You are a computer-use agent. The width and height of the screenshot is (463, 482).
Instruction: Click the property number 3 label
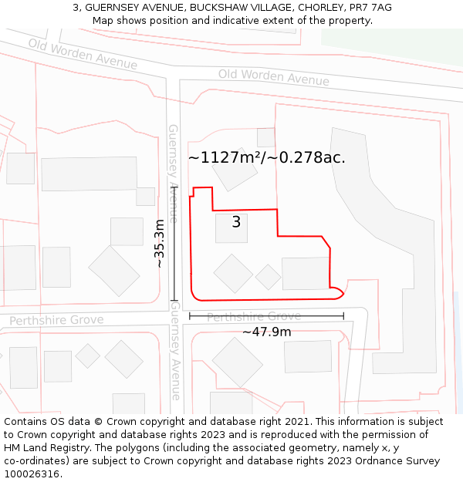coord(236,222)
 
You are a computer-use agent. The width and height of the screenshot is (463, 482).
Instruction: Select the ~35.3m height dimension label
coord(160,244)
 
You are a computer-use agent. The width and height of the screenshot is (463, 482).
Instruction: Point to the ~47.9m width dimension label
coord(266,332)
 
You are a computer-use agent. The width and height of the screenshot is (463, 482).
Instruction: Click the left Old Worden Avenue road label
coord(83,54)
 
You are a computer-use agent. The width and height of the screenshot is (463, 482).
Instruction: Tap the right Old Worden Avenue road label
coord(273,76)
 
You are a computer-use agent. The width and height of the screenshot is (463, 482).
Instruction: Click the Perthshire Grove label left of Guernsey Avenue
coord(56,319)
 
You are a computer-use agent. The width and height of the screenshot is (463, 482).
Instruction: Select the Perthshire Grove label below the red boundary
coord(254,316)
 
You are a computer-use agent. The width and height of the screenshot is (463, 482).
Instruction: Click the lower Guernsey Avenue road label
coord(175,351)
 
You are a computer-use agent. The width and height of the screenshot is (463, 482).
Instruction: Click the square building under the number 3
coord(231,230)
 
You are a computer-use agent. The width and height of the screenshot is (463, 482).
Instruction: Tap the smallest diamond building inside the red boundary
coord(269,277)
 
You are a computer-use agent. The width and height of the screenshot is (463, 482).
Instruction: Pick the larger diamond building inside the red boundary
coord(233,273)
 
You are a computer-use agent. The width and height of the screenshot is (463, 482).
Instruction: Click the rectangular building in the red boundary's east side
coord(306,274)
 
